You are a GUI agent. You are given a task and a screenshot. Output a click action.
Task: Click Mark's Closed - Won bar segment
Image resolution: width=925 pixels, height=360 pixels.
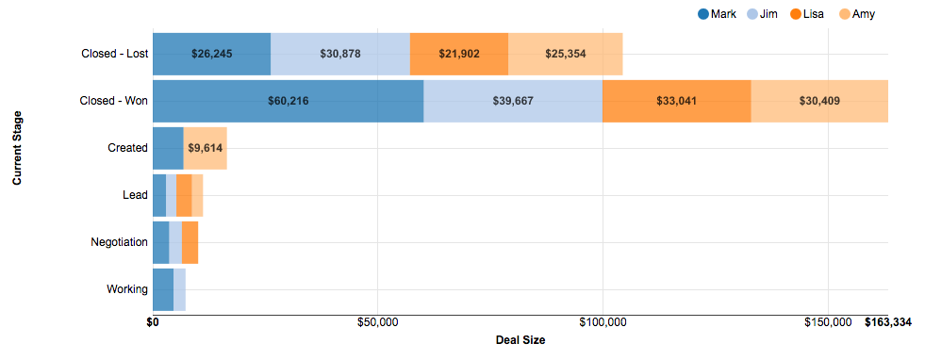point(288,101)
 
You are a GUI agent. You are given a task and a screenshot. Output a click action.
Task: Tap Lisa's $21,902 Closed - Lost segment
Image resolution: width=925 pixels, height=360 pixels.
point(459,54)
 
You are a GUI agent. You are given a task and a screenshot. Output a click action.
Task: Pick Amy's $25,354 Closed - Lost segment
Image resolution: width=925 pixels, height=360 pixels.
point(565,54)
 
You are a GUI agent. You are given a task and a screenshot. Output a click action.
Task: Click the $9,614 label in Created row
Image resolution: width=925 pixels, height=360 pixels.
point(206,148)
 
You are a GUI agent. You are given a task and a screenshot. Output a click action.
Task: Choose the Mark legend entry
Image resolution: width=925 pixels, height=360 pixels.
point(717,14)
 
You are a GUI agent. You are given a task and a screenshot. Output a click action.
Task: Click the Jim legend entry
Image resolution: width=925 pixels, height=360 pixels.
point(762,14)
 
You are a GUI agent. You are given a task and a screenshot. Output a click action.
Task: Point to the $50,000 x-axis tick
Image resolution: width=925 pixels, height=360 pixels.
point(377,323)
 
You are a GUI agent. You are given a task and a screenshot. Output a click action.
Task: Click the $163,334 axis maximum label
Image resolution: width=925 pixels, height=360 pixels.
point(887,323)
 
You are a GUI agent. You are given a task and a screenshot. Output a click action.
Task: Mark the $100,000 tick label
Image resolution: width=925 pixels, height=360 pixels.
point(603,323)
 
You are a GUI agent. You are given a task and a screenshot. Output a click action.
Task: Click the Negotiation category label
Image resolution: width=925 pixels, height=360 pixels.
point(119,242)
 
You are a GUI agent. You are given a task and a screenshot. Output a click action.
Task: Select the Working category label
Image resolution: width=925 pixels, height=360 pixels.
point(127,289)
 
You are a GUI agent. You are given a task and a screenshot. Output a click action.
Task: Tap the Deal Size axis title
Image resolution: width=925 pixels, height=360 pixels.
point(520,340)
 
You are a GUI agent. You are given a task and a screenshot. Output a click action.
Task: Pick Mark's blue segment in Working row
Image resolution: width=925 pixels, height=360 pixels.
point(163,289)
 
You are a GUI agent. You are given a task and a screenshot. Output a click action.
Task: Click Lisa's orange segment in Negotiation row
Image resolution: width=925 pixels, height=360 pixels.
point(190,242)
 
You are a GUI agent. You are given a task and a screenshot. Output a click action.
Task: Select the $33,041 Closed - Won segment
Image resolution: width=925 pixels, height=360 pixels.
point(676,101)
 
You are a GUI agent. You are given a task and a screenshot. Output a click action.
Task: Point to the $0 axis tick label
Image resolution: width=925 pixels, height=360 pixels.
point(153,323)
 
